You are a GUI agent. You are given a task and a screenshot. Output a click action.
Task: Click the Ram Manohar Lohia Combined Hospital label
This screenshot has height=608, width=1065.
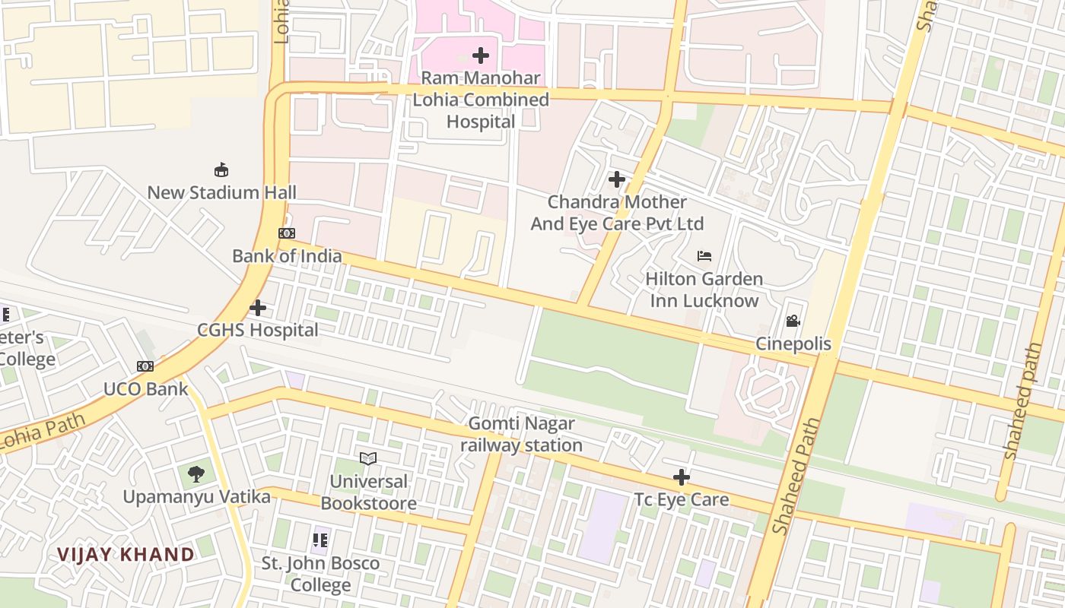pyautogui.click(x=481, y=100)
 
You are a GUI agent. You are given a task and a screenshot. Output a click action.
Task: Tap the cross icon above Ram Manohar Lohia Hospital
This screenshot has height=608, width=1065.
pyautogui.click(x=481, y=55)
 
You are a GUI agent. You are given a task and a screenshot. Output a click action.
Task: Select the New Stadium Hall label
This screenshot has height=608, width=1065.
pyautogui.click(x=221, y=192)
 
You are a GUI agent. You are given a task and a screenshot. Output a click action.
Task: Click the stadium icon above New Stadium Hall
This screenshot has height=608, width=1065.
pyautogui.click(x=221, y=169)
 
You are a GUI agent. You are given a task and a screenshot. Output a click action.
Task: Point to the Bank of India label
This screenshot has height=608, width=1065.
pyautogui.click(x=287, y=256)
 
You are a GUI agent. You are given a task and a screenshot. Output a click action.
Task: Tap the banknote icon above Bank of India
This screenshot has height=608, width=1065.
pyautogui.click(x=287, y=233)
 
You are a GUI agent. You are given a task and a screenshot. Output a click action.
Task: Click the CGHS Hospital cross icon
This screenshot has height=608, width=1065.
pyautogui.click(x=258, y=308)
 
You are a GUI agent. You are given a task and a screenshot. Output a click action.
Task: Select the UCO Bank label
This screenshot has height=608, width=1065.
pyautogui.click(x=145, y=389)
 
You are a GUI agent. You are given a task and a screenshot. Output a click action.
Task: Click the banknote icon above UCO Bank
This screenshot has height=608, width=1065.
pyautogui.click(x=145, y=366)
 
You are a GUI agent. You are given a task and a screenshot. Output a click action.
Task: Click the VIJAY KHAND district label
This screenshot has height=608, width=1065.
pyautogui.click(x=126, y=554)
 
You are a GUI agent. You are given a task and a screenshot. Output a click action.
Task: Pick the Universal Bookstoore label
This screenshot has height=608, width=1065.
pyautogui.click(x=368, y=492)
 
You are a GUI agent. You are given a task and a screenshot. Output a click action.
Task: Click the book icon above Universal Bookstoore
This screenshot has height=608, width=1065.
pyautogui.click(x=368, y=458)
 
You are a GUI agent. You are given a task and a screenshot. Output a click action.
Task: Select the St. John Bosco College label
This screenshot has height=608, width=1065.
pyautogui.click(x=320, y=574)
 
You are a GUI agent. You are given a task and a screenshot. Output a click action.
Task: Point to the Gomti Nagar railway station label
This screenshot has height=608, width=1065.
pyautogui.click(x=521, y=434)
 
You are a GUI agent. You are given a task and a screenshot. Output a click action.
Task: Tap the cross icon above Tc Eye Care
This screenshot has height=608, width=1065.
pyautogui.click(x=682, y=477)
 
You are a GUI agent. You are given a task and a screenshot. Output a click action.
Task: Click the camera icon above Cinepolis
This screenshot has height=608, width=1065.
pyautogui.click(x=793, y=321)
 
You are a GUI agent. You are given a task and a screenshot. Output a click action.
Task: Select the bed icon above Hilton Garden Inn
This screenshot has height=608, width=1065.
pyautogui.click(x=704, y=256)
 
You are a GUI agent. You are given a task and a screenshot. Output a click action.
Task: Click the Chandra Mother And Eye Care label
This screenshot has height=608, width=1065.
pyautogui.click(x=617, y=213)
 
